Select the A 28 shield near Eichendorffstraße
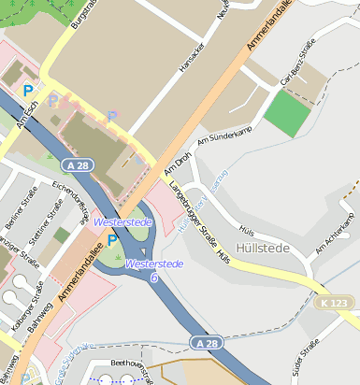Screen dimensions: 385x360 coord(79,164)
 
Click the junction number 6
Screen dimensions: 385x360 coord(153,278)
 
